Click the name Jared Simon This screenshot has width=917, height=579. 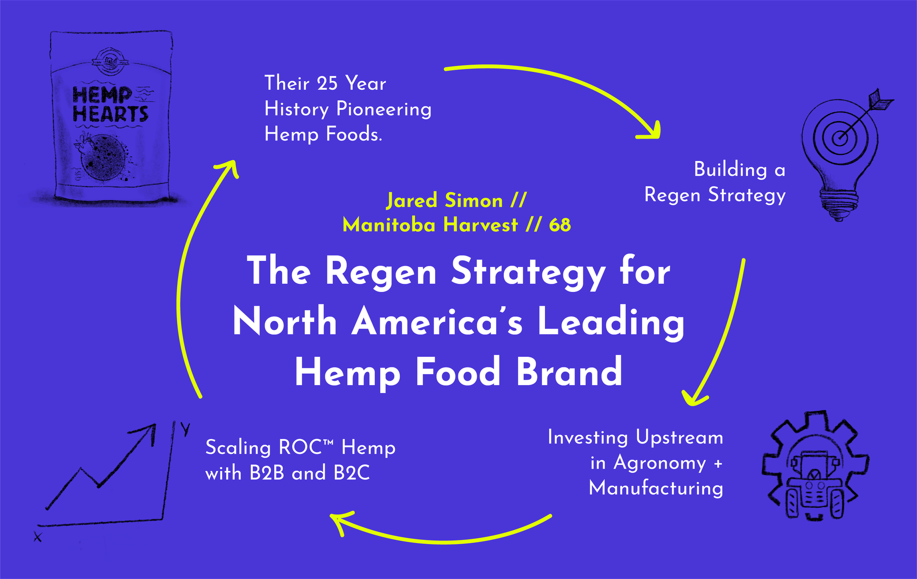445,201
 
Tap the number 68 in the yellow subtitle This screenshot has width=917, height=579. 560,225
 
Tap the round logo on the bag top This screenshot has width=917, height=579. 110,61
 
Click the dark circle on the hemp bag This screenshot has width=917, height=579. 103,158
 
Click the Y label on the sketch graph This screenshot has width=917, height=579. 185,429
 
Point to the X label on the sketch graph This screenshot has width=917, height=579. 38,537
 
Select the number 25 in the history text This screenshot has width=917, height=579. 327,84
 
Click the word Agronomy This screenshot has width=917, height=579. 660,463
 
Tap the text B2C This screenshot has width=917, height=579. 352,473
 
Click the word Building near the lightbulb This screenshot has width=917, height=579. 731,170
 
